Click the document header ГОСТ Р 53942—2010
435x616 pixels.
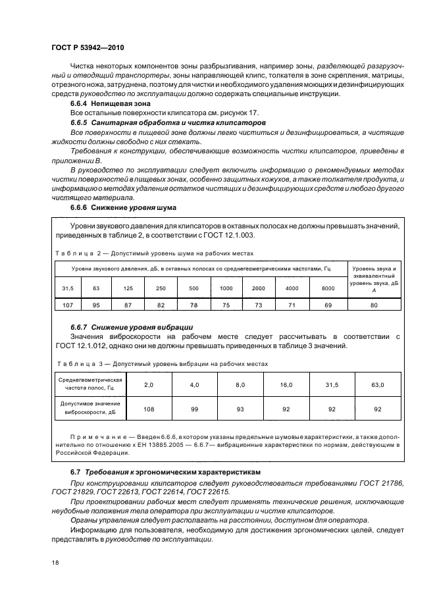point(87,48)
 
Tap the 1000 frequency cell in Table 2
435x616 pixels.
point(226,288)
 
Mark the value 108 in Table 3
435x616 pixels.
point(148,409)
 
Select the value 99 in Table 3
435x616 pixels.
point(194,409)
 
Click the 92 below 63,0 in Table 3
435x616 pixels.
point(378,409)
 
